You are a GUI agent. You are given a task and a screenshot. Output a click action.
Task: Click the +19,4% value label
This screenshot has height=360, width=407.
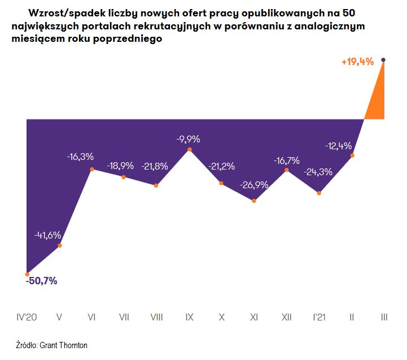click(x=357, y=62)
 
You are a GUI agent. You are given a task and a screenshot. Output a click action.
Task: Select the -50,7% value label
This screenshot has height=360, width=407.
click(x=42, y=281)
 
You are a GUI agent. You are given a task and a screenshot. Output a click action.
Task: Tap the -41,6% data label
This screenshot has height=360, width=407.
click(x=47, y=235)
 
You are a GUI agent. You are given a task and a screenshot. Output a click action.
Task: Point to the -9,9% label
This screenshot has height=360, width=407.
click(x=188, y=138)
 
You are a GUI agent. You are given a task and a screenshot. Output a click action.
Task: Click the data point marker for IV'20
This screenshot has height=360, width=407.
click(x=27, y=274)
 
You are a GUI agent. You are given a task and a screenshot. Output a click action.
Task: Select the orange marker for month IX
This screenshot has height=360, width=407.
click(x=190, y=149)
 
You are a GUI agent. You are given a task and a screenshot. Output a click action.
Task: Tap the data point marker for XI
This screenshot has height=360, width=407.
click(x=254, y=201)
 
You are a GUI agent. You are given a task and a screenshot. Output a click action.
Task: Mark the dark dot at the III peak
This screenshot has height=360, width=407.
click(x=384, y=59)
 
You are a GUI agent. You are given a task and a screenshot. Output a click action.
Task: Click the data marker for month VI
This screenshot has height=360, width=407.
click(x=91, y=169)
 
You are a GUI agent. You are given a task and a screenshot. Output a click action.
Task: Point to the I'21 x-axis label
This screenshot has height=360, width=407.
click(x=319, y=318)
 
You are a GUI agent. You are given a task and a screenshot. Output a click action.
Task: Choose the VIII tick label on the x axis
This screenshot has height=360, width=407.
click(x=156, y=318)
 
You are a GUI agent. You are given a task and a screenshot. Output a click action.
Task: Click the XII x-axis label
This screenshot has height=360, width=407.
click(x=286, y=318)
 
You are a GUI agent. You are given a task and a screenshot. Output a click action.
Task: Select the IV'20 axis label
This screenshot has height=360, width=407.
click(x=27, y=318)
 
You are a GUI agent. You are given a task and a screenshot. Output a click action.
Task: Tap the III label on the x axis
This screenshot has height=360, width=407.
click(x=384, y=318)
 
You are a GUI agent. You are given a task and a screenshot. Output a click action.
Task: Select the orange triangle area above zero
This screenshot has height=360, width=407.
click(x=377, y=102)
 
